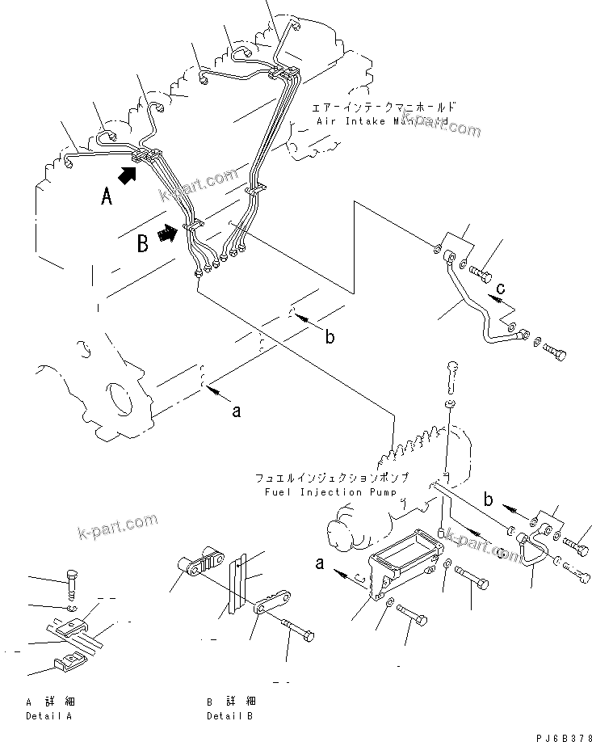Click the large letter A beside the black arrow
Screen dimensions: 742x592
107,196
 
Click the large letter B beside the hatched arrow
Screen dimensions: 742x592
142,243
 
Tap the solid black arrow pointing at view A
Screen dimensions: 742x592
128,173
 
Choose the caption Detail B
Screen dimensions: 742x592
230,715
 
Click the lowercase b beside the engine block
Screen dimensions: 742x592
329,337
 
